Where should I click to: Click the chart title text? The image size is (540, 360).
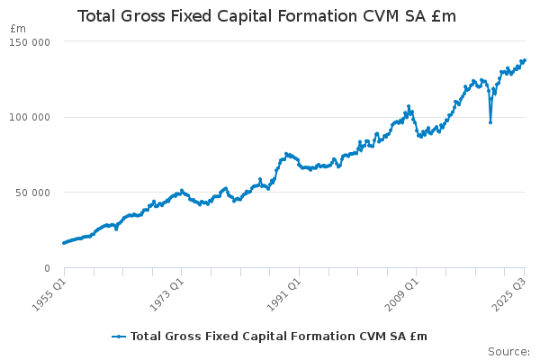point(266,16)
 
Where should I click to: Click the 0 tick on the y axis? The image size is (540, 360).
point(46,268)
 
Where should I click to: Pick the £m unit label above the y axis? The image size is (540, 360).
point(18,29)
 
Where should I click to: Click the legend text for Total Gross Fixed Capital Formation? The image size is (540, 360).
point(278,337)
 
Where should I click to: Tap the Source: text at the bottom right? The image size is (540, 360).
point(508,352)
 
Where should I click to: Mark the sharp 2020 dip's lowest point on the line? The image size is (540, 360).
point(490,122)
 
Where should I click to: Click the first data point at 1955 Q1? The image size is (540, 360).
point(64,243)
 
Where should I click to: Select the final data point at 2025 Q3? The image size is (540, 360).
point(525,60)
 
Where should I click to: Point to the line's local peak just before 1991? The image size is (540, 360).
point(286,154)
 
